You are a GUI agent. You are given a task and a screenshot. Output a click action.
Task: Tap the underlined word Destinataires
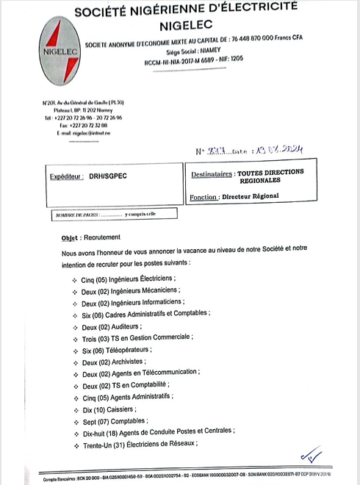coord(212,173)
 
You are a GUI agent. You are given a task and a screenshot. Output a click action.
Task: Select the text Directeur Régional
coord(251,197)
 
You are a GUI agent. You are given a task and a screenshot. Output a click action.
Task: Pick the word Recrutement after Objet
coord(102,238)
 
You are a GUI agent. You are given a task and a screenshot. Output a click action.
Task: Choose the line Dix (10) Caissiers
coord(109,409)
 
